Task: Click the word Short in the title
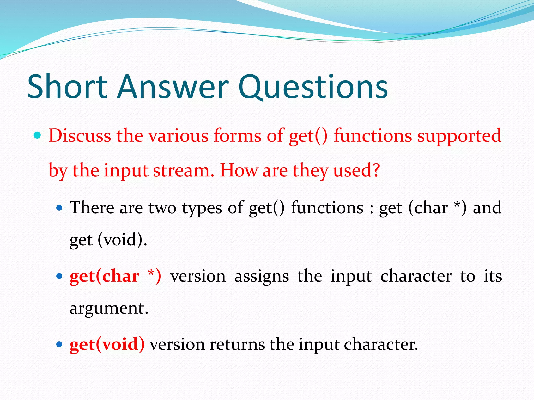(67, 86)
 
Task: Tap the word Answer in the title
(173, 86)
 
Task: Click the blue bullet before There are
(60, 208)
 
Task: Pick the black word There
(92, 208)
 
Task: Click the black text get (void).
(108, 240)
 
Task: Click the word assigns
(261, 277)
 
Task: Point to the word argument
(108, 308)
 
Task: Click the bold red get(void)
(107, 344)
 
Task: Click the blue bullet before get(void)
(60, 344)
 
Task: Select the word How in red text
(239, 171)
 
